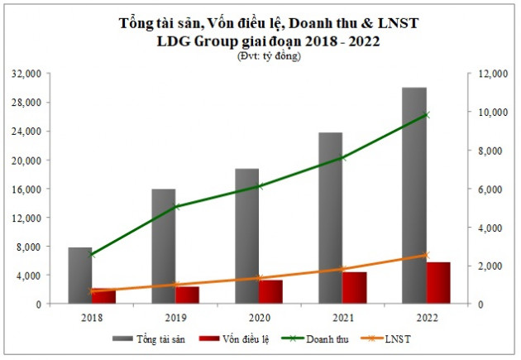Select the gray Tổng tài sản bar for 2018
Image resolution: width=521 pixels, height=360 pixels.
pyautogui.click(x=79, y=275)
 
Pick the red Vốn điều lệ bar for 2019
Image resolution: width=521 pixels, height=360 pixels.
pyautogui.click(x=187, y=295)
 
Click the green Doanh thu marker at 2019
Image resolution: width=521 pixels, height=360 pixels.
pyautogui.click(x=175, y=206)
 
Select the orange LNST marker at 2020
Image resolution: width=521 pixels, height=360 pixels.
pyautogui.click(x=259, y=278)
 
